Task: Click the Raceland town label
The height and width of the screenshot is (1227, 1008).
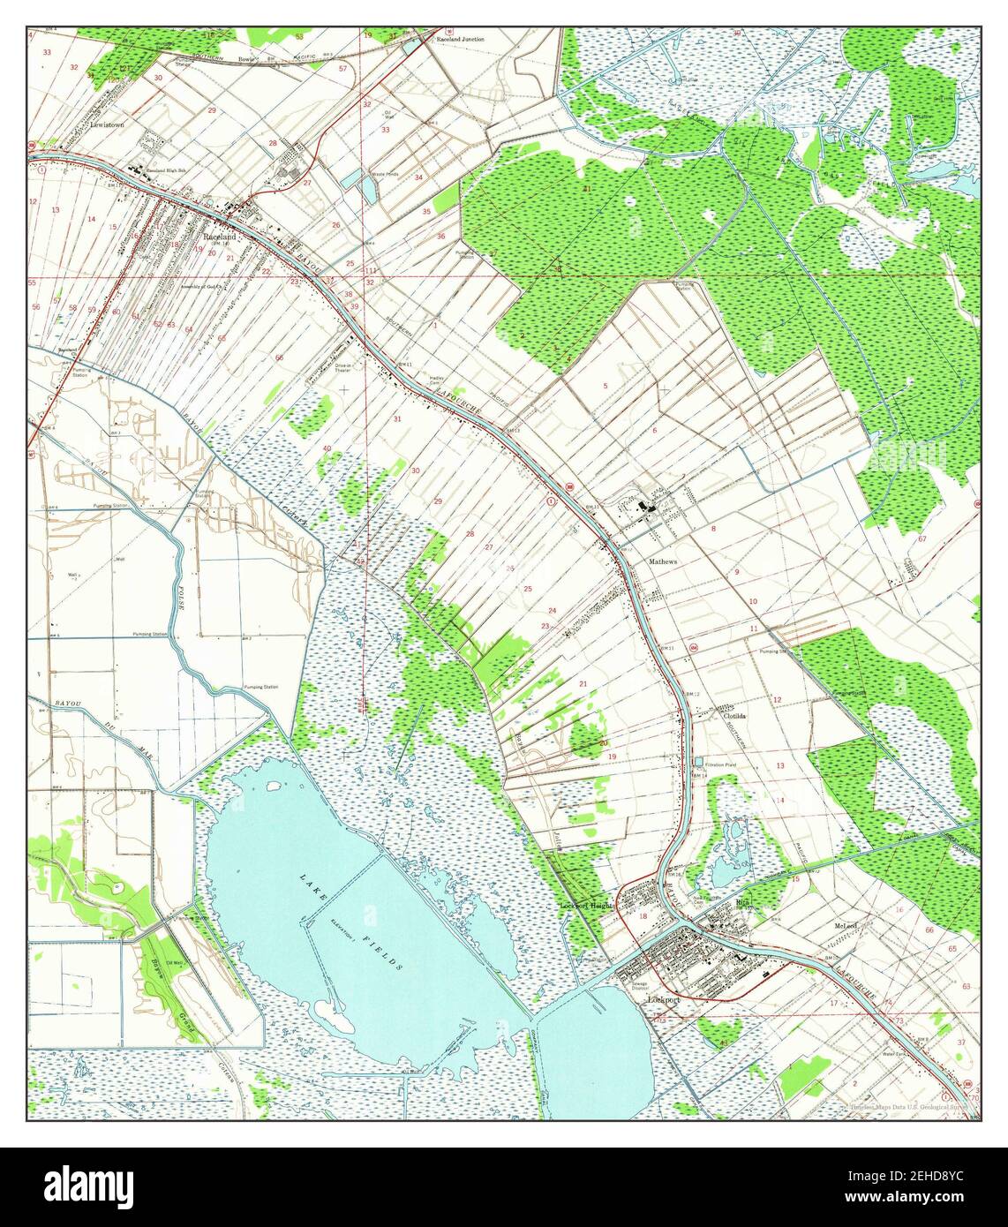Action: click(219, 237)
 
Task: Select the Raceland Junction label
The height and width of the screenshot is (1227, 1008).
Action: click(460, 41)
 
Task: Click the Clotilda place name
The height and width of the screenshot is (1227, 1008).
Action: click(735, 717)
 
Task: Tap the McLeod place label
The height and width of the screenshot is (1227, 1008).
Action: click(846, 925)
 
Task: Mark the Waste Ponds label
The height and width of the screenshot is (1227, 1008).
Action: click(385, 174)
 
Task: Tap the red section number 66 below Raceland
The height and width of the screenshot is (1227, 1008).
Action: click(279, 358)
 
